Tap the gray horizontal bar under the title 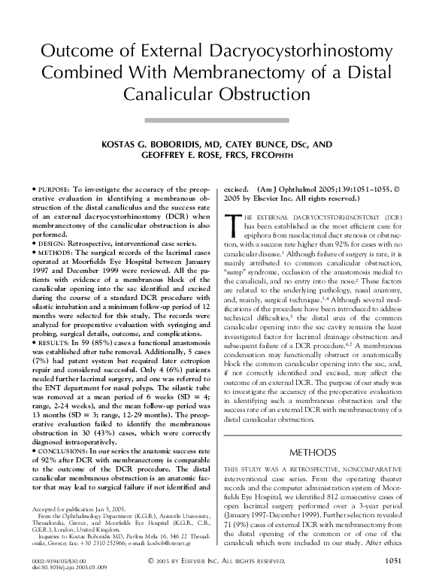216,119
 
